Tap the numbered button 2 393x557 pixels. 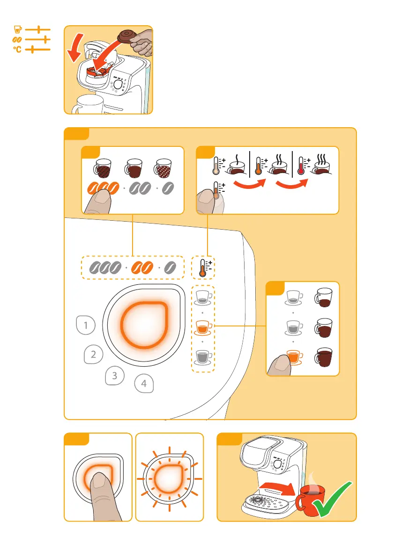click(94, 354)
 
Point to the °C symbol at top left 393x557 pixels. click(16, 49)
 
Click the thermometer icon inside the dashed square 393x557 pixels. click(204, 268)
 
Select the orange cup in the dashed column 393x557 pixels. click(203, 326)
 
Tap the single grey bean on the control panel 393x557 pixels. click(171, 267)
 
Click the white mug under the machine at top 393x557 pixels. click(87, 104)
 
